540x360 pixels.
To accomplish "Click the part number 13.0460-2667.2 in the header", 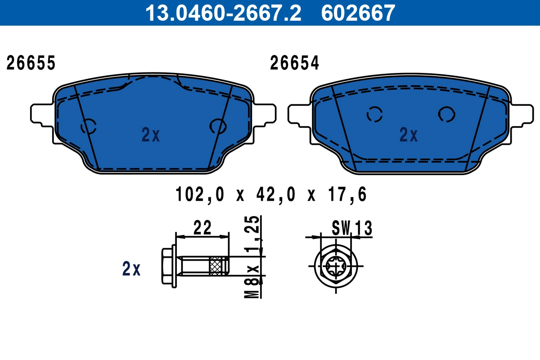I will (x=222, y=13).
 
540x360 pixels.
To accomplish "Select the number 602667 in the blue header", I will (x=358, y=13).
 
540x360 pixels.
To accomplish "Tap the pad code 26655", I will (x=31, y=63).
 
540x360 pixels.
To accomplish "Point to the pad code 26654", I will (x=294, y=63).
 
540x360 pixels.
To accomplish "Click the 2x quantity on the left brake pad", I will (x=150, y=135).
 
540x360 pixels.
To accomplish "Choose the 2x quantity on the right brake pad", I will (x=409, y=135).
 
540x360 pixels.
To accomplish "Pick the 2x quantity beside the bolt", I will (x=131, y=269).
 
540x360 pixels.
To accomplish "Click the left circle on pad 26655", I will (x=89, y=126).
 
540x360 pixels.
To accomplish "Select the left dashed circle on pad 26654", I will (x=374, y=115).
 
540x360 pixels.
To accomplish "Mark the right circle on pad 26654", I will (x=447, y=114).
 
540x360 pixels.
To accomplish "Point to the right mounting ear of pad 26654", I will (x=523, y=114).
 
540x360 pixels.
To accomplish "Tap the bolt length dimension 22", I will (x=202, y=228).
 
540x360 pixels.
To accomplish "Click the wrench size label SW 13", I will (x=352, y=229).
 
